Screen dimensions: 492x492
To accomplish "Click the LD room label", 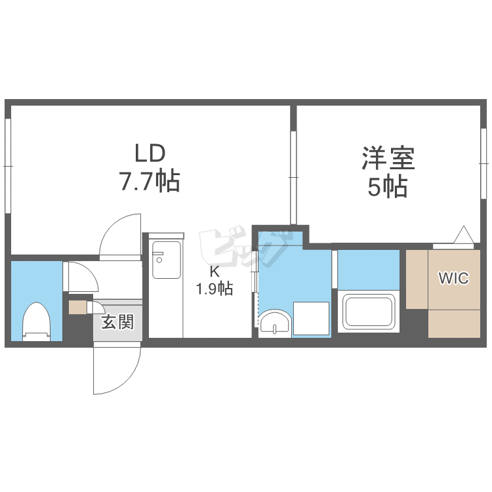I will pos(150,154).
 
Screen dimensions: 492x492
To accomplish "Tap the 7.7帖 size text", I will pos(150,181).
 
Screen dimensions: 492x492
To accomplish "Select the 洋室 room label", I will pos(388,159).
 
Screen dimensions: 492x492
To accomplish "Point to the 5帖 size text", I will pos(388,188).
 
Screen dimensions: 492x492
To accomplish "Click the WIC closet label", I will pos(454,278).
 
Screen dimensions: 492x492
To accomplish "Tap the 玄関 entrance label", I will pos(117,322).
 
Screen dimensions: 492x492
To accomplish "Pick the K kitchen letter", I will pos(215,272).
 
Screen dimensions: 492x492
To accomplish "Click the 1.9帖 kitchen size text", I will pos(215,289).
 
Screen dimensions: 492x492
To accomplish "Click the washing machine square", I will pos(311,318).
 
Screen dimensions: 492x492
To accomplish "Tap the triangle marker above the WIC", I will pos(463,234).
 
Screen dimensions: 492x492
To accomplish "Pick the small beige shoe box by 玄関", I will pos(77,306).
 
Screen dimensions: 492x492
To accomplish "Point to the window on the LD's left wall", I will pos(8,166).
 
